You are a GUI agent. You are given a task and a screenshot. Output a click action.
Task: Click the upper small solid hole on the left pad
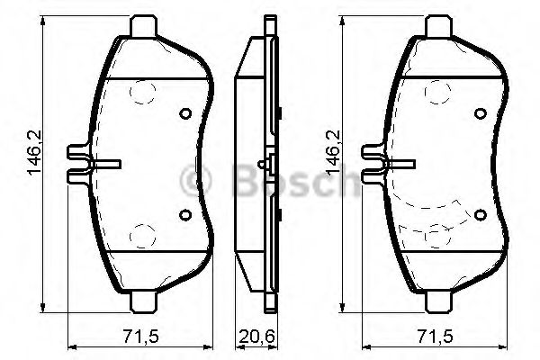pos(185,114)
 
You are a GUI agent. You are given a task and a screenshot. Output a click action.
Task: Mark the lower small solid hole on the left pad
pos(185,213)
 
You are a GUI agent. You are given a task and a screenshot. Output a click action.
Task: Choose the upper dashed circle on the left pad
pos(141,92)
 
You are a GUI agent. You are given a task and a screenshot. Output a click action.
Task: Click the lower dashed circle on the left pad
pos(141,237)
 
